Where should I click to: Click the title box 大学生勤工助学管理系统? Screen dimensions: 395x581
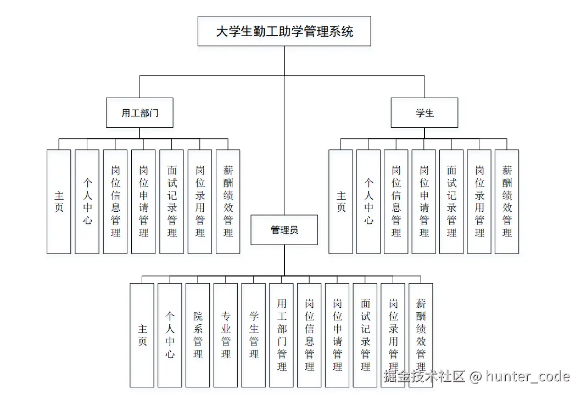pos(284,31)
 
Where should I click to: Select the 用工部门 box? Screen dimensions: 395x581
pos(140,113)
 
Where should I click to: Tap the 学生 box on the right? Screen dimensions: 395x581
pos(424,113)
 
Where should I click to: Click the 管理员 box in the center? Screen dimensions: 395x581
pos(284,230)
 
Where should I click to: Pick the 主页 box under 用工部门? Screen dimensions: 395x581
pos(59,201)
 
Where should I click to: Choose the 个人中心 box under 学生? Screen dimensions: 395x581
pos(368,201)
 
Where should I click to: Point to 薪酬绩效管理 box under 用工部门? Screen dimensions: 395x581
pos(228,201)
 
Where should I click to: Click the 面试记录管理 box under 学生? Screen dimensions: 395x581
pos(451,201)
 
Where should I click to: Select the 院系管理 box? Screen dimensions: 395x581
pos(198,335)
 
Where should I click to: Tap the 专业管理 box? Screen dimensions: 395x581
pos(226,335)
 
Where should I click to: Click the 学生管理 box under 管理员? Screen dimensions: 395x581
pos(254,335)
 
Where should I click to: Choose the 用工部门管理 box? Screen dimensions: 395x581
pos(282,335)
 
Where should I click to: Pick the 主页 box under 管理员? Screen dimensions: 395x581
pos(142,335)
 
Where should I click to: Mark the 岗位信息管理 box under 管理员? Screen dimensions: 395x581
pos(310,335)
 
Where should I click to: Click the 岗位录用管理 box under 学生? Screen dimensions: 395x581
pos(479,201)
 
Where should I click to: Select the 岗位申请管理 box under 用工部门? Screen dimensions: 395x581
pos(143,201)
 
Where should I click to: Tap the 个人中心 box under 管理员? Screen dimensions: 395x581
pos(170,335)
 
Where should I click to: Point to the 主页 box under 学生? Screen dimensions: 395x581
pos(340,201)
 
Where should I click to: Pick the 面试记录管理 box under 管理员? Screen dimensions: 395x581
pos(365,335)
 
